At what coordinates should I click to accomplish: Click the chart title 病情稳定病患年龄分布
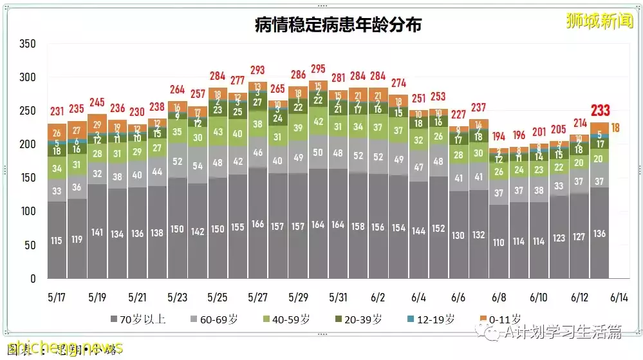[x=337, y=24]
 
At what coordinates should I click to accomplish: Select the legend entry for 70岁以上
[x=138, y=319]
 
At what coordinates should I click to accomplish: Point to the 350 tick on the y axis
[x=27, y=44]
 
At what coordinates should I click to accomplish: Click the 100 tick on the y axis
[x=27, y=212]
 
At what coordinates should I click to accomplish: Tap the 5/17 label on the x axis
[x=57, y=298]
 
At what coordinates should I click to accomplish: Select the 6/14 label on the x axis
[x=619, y=298]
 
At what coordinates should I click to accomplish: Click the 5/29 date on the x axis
[x=297, y=298]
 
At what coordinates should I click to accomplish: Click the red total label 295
[x=317, y=69]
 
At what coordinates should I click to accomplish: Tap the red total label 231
[x=57, y=111]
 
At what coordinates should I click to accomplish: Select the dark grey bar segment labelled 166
[x=257, y=224]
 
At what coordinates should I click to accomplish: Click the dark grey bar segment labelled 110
[x=498, y=243]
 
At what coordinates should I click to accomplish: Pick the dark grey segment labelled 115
[x=57, y=240]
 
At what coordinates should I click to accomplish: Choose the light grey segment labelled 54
[x=198, y=166]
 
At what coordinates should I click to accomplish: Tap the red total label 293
[x=257, y=70]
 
